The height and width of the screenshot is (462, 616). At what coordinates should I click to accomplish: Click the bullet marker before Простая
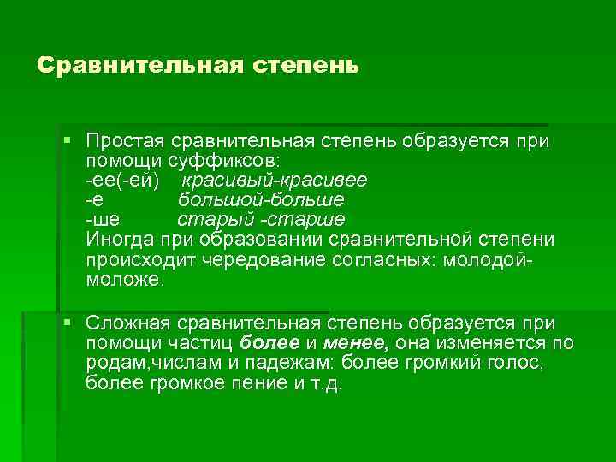(x=67, y=139)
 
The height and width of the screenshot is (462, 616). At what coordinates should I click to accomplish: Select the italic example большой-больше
(x=262, y=199)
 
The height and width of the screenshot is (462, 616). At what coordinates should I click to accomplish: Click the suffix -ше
(x=102, y=219)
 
